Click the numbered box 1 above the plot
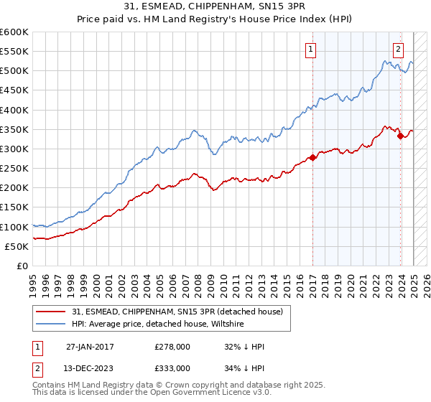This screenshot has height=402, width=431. [311, 50]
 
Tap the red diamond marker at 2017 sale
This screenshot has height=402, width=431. [312, 157]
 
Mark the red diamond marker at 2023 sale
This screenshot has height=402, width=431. [400, 136]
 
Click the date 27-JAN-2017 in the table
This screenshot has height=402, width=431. [91, 346]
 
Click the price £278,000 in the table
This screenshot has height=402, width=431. [172, 346]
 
